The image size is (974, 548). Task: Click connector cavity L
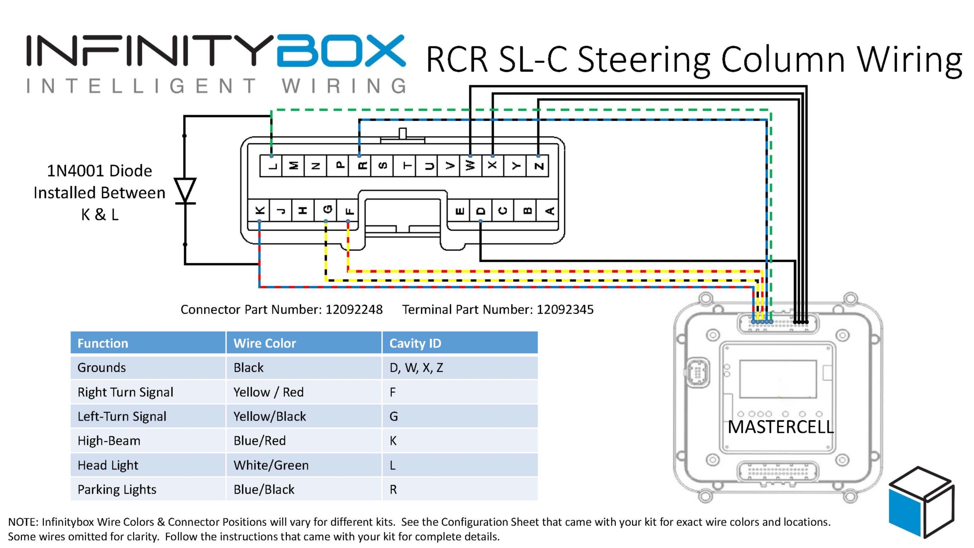[x=272, y=166]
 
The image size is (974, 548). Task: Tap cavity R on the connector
[x=360, y=166]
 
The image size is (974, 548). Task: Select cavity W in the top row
[x=470, y=166]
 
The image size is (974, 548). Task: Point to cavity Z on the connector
[x=538, y=166]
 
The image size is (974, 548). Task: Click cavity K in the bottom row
[x=260, y=211]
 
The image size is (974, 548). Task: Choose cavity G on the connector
[x=327, y=210]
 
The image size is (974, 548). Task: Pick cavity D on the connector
[x=481, y=211]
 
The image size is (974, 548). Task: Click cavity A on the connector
[x=549, y=211]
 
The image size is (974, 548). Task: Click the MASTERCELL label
[x=780, y=427]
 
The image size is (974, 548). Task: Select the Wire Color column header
[x=264, y=343]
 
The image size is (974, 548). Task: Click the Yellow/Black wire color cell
[x=270, y=416]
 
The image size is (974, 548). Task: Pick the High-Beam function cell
[x=109, y=440]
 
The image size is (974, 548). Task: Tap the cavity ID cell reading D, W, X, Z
[x=416, y=368]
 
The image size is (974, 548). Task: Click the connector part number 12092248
[x=354, y=310]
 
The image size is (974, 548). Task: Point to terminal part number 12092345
[x=565, y=310]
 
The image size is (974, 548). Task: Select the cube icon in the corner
[x=921, y=502]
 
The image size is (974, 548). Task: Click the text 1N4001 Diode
[x=99, y=170]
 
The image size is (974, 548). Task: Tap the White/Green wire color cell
[x=271, y=465]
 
